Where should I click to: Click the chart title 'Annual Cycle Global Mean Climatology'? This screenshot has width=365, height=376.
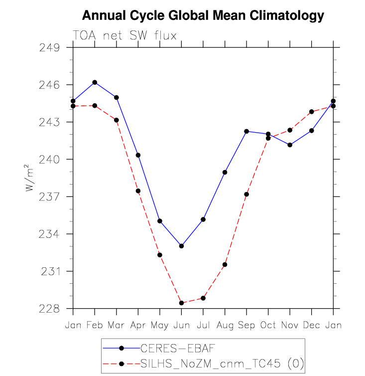(x=203, y=15)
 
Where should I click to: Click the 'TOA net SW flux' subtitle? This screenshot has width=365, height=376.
(x=124, y=35)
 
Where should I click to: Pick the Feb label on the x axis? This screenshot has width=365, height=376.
(x=95, y=325)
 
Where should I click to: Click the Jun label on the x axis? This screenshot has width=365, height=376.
(x=181, y=325)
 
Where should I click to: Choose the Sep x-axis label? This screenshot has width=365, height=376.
(x=246, y=325)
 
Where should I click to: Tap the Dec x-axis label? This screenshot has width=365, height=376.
(x=312, y=325)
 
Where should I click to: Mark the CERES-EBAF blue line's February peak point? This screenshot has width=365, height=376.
(x=95, y=82)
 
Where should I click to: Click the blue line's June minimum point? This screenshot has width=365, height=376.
(x=181, y=246)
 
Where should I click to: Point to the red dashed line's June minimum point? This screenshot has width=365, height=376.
(x=181, y=303)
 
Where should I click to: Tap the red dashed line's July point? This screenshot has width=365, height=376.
(x=203, y=298)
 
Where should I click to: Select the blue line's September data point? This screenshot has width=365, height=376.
(x=246, y=131)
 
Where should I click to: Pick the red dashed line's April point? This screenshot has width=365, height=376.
(x=138, y=191)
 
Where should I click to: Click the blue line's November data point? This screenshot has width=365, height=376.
(x=290, y=145)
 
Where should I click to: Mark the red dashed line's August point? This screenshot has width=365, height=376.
(x=225, y=264)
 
